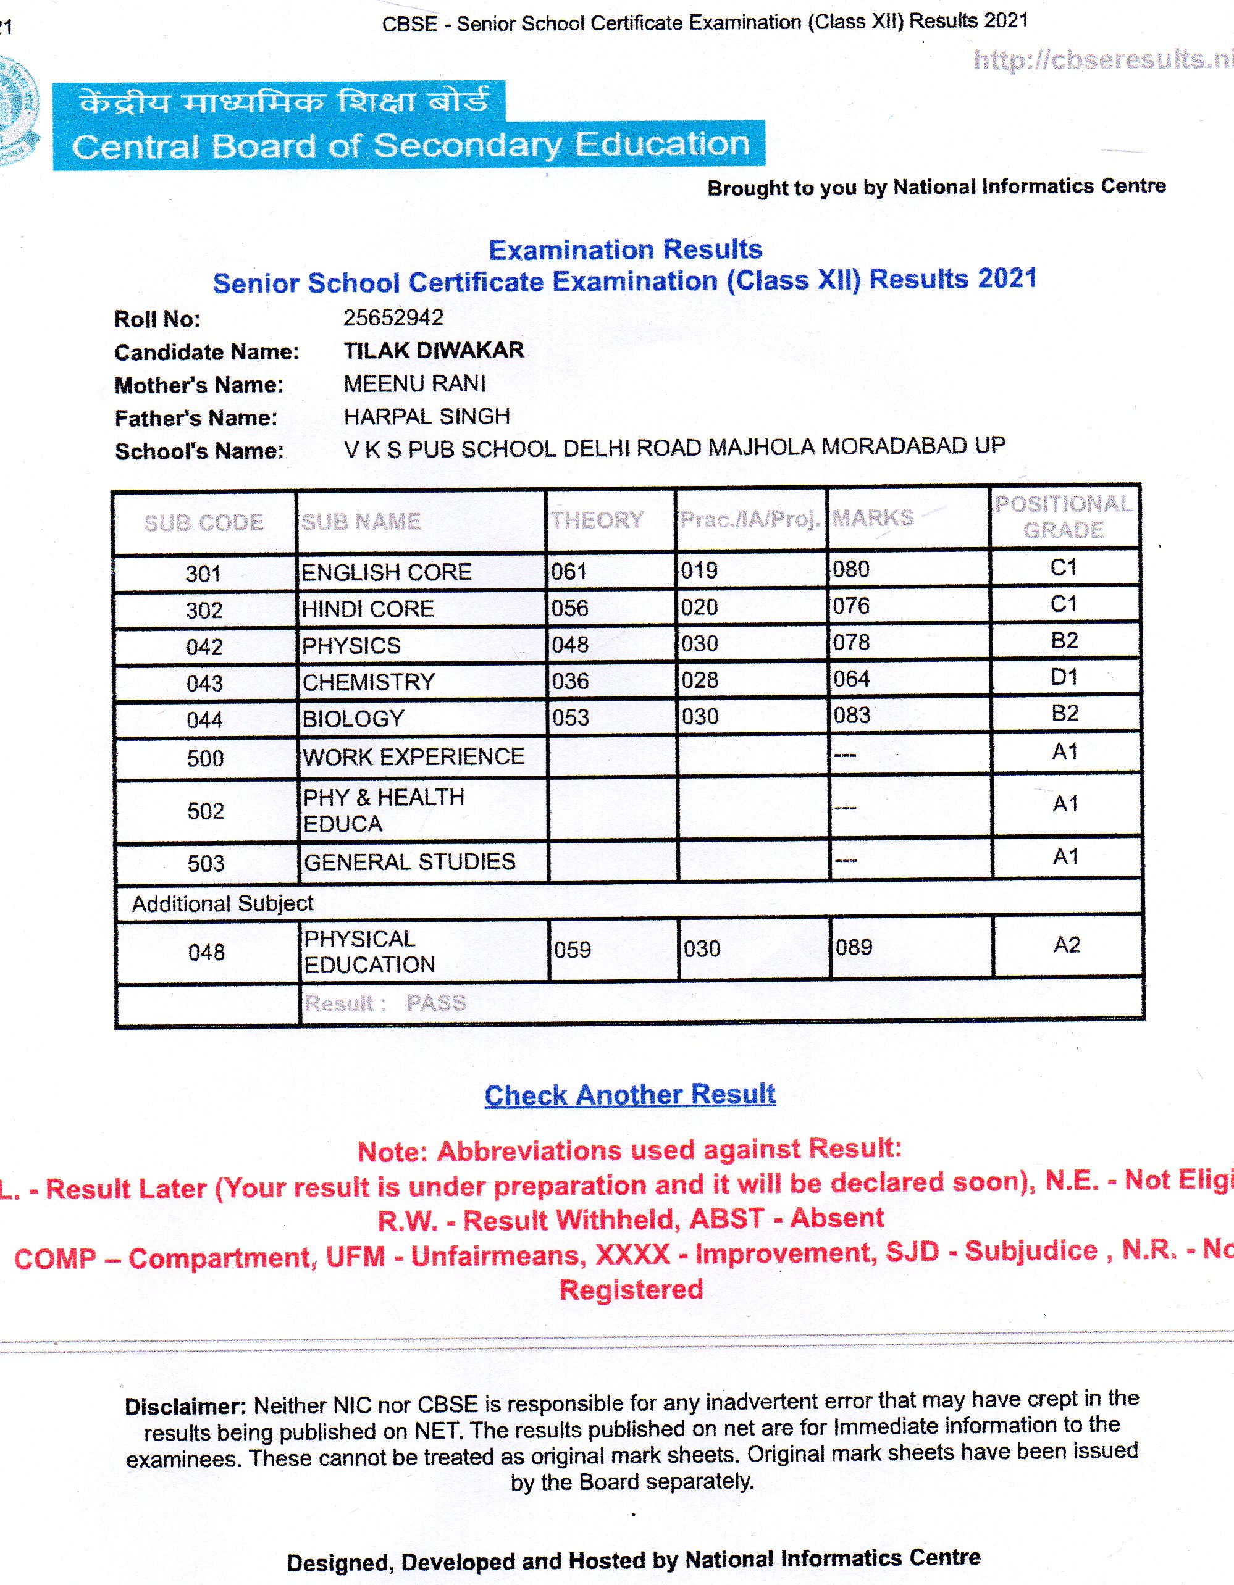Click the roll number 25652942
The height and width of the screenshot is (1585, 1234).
coord(393,318)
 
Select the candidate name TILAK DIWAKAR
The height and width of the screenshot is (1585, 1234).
coord(434,351)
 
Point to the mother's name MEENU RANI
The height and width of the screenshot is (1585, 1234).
coord(414,383)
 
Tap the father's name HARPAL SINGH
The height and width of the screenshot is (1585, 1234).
coord(427,417)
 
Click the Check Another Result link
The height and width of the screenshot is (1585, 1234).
coord(629,1094)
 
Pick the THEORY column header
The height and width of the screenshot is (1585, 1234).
coord(597,520)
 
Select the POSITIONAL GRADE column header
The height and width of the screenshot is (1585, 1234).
coord(1063,517)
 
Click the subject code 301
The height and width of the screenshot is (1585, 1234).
coord(203,574)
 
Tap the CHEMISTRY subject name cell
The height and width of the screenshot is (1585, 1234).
coord(368,682)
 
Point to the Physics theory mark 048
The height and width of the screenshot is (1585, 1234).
coord(570,645)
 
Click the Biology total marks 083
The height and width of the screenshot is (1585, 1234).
coord(852,716)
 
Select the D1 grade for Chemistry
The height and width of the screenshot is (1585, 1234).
coord(1064,677)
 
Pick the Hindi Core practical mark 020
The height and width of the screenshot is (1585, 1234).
coord(699,607)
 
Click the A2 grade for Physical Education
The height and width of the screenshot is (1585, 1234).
coord(1067,945)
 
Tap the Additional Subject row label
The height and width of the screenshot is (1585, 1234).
coord(222,903)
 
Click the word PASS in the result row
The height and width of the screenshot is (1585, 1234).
coord(435,1003)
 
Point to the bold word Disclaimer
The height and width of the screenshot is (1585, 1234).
coord(185,1407)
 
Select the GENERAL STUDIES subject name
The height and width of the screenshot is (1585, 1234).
coord(409,862)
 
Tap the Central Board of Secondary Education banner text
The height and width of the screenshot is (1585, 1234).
coord(410,145)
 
